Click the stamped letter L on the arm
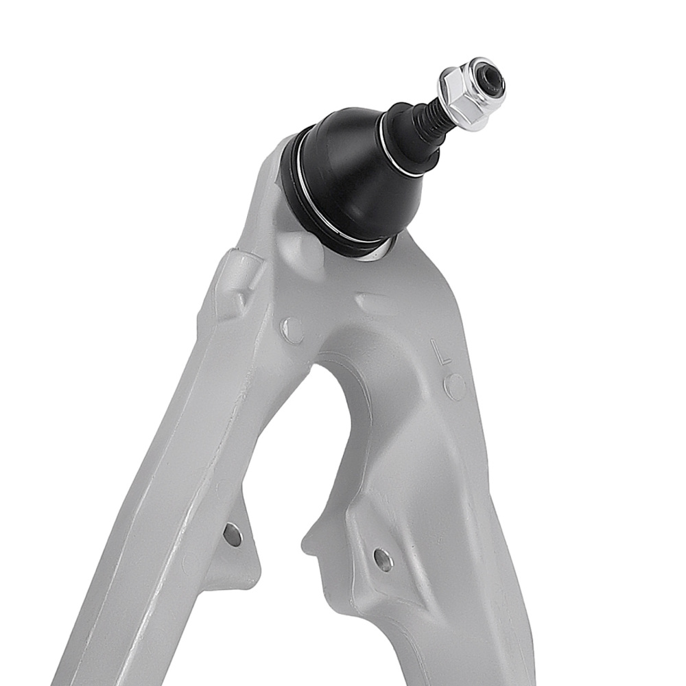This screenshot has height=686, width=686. pos(443,353)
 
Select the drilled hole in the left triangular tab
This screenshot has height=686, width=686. pos(233,534)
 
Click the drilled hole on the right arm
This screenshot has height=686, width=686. pos(383,560)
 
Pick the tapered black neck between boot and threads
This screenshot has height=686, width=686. pos(412,134)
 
